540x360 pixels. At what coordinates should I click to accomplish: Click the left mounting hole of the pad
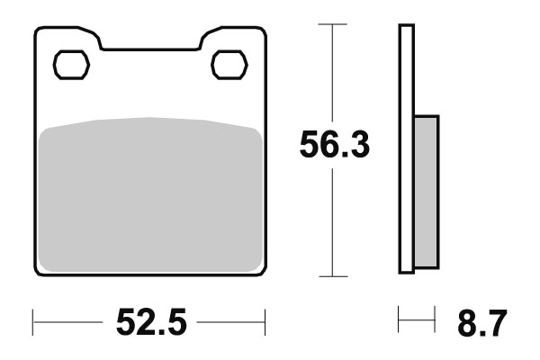[x=70, y=65]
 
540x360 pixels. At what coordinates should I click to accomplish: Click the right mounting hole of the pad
[x=228, y=65]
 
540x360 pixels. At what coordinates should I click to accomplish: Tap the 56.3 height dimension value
[x=335, y=146]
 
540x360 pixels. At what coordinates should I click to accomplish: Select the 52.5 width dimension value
[x=149, y=321]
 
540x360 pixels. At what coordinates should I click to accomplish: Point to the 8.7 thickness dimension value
[x=482, y=321]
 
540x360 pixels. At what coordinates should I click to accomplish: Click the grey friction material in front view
[x=151, y=193]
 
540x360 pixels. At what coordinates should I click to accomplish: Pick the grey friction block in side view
[x=426, y=191]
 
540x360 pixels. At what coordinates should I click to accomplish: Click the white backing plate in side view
[x=406, y=148]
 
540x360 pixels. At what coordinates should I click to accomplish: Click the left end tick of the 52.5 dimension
[x=33, y=320]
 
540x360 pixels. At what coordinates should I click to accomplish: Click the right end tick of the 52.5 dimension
[x=266, y=320]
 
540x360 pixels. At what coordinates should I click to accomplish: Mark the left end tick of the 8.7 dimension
[x=399, y=320]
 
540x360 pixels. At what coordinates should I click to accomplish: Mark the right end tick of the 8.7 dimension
[x=435, y=320]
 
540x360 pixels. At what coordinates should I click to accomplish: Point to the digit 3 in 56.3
[x=357, y=146]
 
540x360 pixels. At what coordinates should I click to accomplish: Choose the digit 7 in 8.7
[x=496, y=321]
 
